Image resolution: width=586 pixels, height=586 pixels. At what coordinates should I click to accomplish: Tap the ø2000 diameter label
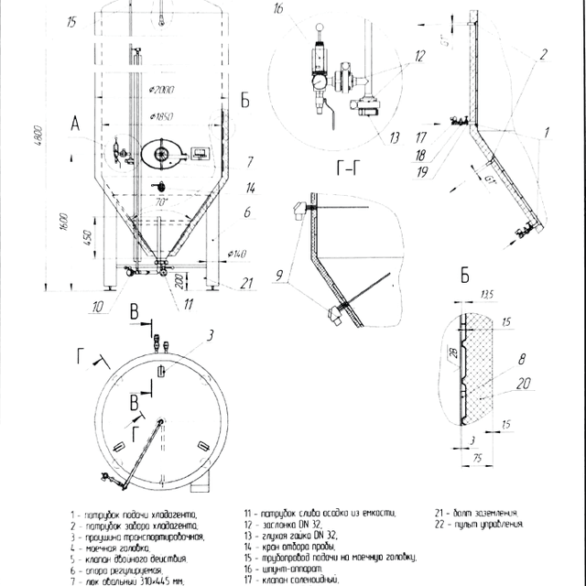coord(161,89)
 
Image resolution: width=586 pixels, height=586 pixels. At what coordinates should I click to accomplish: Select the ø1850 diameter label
coord(161,116)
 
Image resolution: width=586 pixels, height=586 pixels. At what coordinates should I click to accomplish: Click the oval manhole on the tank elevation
coord(165,153)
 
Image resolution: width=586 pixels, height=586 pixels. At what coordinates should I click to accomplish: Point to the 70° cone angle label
coord(163,200)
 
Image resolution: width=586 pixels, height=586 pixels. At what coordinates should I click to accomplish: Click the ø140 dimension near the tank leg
coord(240,254)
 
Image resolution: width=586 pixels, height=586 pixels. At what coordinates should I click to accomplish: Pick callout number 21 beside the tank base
coord(246,285)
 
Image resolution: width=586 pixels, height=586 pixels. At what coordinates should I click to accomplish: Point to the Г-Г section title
coord(349,168)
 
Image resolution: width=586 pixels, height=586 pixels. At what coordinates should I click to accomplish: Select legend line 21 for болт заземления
coord(475,514)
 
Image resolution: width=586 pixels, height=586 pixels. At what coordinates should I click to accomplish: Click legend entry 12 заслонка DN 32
coord(278,525)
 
